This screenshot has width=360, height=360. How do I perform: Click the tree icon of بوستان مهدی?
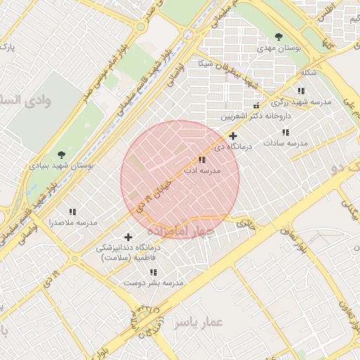(279, 37)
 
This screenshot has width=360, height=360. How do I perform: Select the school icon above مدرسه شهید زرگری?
(301, 91)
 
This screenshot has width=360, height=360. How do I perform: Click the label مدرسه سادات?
(286, 143)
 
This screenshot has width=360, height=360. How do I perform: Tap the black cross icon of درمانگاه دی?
(233, 136)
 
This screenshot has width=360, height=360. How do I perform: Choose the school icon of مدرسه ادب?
(202, 160)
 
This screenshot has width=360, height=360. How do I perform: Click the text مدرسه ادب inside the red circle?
(202, 171)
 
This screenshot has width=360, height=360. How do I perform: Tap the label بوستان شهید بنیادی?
(61, 166)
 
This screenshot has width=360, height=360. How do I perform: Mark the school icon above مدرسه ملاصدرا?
(72, 211)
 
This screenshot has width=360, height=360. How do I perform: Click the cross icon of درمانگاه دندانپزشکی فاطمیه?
(128, 237)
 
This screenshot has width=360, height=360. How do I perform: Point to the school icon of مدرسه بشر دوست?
(153, 271)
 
